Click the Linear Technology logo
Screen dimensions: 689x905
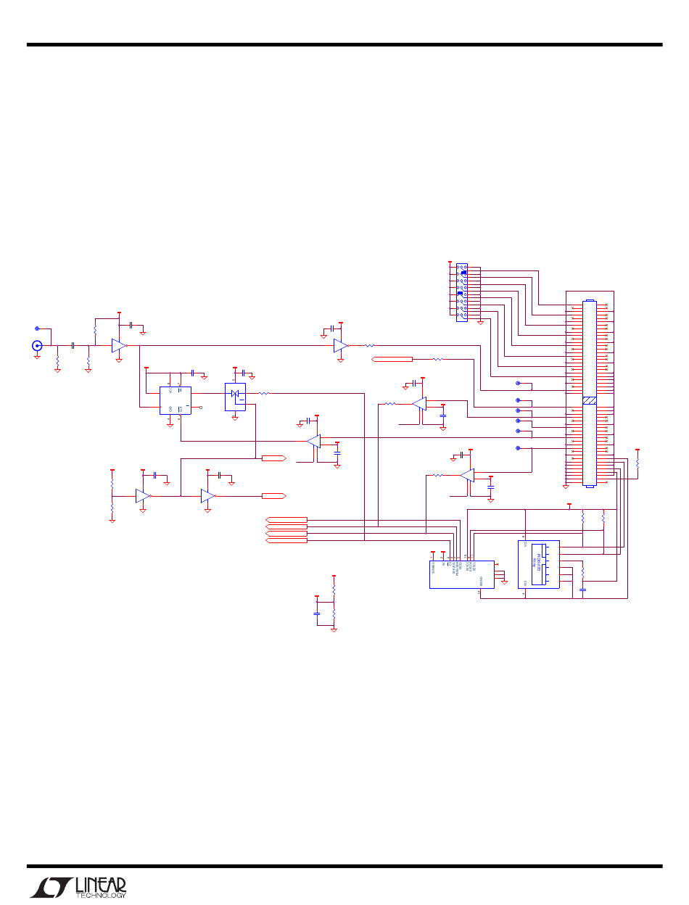78,886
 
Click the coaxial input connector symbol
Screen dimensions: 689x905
37,346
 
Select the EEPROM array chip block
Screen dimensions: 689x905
539,564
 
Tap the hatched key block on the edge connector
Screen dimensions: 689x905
590,401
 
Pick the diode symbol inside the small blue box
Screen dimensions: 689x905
235,394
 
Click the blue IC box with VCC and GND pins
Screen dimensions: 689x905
175,400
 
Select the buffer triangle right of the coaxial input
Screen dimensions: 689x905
119,346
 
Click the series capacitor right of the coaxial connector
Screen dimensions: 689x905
73,346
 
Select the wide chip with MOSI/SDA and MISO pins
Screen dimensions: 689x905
462,574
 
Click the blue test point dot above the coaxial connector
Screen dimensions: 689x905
37,328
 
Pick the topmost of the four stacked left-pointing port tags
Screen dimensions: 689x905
287,519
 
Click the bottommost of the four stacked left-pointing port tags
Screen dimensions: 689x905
287,540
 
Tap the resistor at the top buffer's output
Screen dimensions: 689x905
368,346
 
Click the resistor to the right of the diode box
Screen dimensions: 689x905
265,394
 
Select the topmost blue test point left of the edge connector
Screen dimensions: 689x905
518,382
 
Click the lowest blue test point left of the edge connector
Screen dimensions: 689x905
518,448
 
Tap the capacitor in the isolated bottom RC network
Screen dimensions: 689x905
317,613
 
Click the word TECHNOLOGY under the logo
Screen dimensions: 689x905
101,896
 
